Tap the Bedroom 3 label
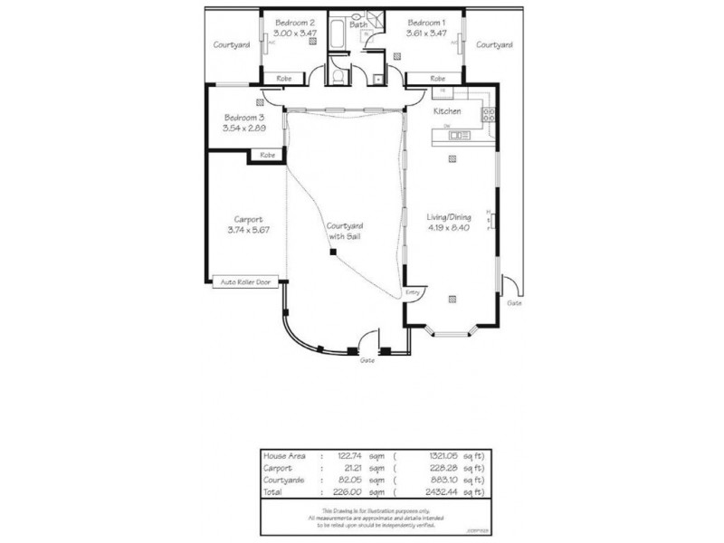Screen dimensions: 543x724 (243, 118)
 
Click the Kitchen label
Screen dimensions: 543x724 (447, 110)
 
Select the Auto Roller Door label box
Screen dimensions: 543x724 (246, 282)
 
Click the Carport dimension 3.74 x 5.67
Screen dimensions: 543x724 (248, 230)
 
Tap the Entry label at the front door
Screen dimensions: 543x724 (414, 292)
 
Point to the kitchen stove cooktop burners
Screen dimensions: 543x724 (488, 114)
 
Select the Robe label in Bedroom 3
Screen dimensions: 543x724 (267, 156)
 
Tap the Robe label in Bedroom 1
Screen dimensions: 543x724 (438, 79)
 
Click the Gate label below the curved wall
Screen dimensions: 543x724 (367, 360)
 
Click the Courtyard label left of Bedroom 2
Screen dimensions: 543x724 (231, 44)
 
